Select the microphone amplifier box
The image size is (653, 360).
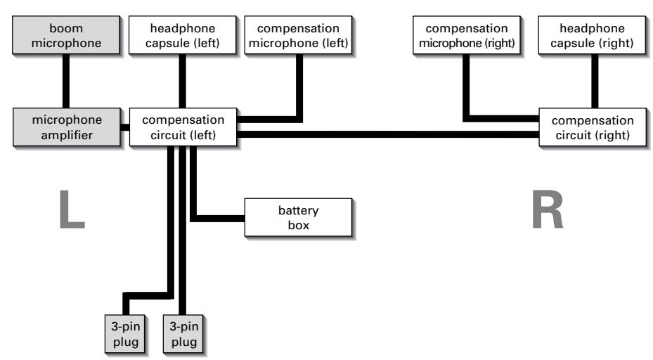tap(67, 127)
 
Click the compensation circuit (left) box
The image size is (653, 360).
tap(183, 127)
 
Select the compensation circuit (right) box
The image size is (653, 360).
tap(595, 127)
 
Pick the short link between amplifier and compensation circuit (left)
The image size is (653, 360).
tap(124, 127)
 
